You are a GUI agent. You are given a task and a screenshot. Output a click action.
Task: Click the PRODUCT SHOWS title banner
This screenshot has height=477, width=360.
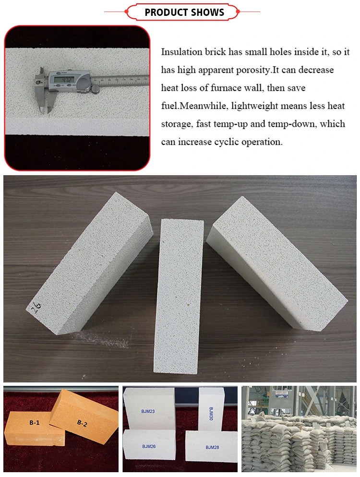click(184, 12)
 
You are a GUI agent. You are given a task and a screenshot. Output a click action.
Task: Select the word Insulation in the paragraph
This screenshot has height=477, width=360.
click(182, 52)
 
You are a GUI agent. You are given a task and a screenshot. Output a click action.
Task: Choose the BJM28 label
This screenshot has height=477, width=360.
click(213, 447)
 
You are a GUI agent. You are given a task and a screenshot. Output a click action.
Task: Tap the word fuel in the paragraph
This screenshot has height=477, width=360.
click(170, 106)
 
